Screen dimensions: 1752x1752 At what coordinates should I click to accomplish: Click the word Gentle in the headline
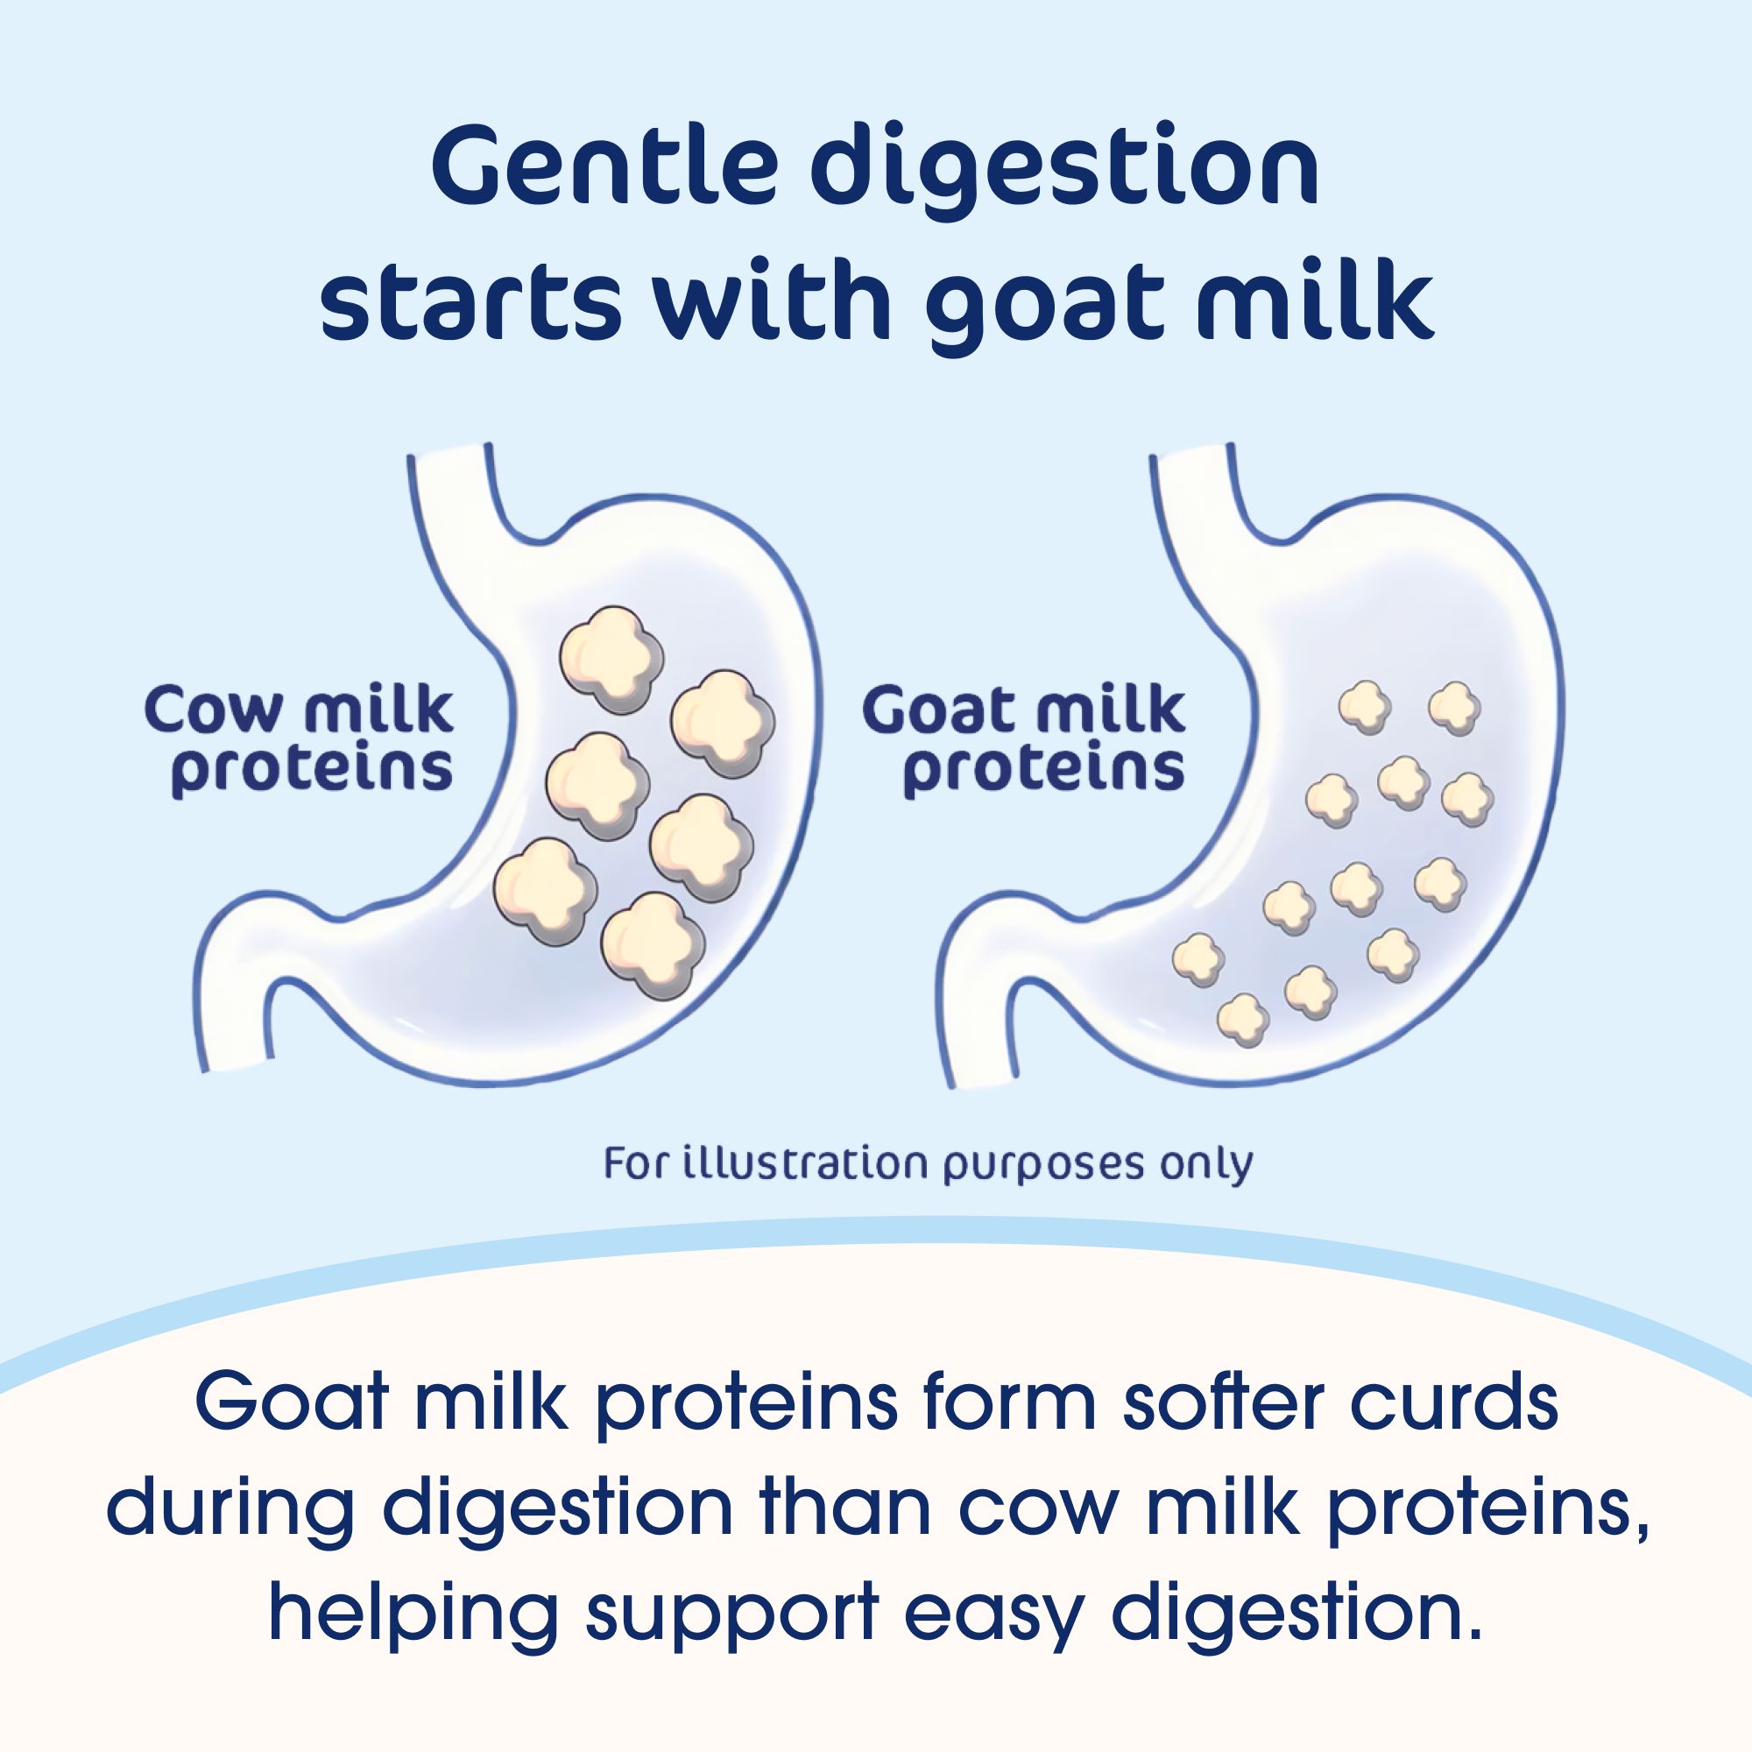(604, 165)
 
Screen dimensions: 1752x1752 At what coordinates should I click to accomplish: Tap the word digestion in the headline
(1064, 172)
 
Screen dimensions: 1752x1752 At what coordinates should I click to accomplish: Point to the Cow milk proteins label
(300, 741)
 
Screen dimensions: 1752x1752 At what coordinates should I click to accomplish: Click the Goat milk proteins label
(1024, 741)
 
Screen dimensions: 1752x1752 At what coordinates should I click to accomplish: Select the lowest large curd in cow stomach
(653, 945)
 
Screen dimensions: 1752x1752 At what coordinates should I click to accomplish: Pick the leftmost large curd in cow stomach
(545, 892)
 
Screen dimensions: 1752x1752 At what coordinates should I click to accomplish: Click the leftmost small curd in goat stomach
(1199, 960)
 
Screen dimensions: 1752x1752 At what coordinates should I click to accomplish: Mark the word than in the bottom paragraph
(846, 1509)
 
